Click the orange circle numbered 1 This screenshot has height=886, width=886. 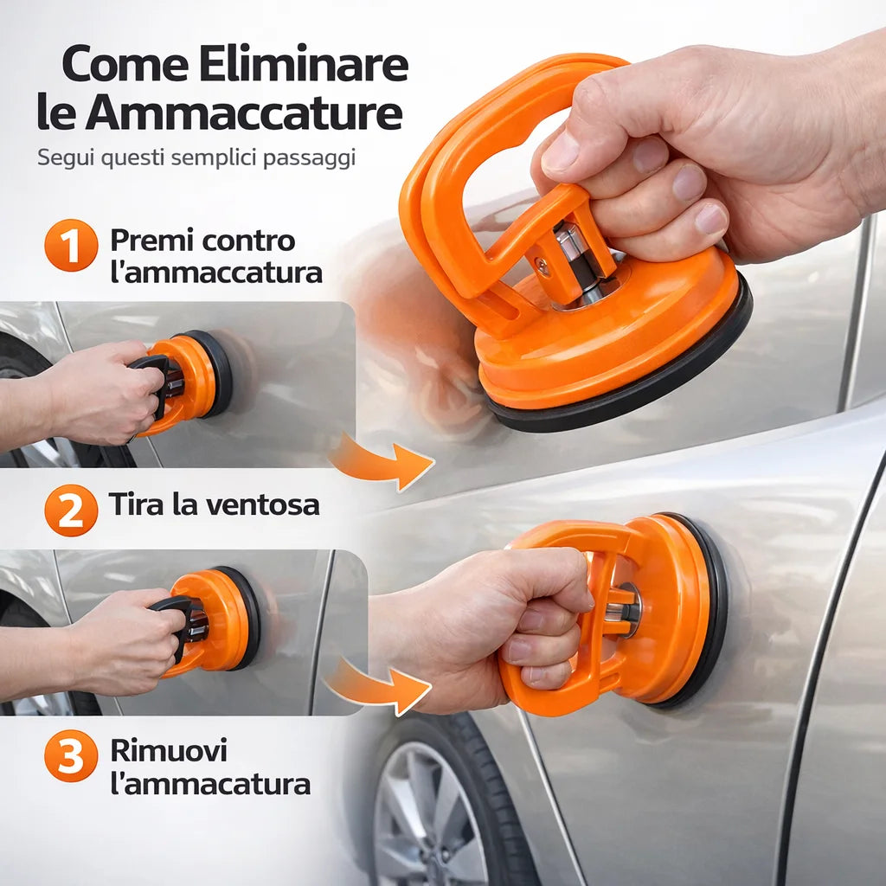click(71, 245)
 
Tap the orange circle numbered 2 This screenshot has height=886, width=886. click(71, 510)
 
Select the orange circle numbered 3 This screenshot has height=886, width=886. click(71, 756)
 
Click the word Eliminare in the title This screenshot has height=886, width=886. click(304, 63)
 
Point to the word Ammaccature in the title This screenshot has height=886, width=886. click(244, 112)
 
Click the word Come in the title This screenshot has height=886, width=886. click(125, 64)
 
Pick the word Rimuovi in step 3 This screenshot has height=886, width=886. click(169, 750)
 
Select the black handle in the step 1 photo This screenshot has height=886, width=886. click(151, 386)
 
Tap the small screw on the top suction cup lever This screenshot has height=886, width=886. click(543, 266)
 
